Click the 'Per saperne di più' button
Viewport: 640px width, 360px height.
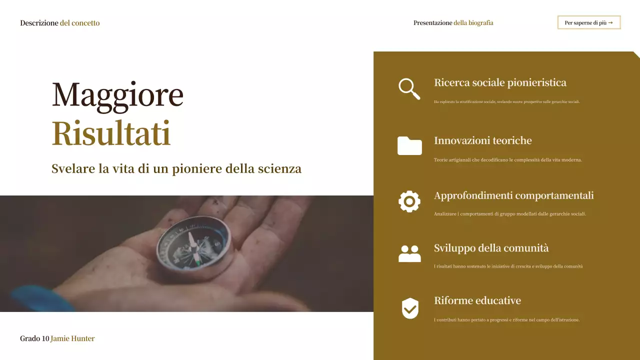pyautogui.click(x=588, y=22)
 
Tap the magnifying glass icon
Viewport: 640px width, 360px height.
pyautogui.click(x=409, y=89)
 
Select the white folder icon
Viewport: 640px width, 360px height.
pyautogui.click(x=409, y=145)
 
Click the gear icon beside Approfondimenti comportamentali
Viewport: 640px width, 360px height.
pyautogui.click(x=409, y=201)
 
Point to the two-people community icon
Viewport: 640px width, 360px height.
pyautogui.click(x=409, y=253)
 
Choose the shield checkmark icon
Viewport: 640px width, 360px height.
pyautogui.click(x=410, y=308)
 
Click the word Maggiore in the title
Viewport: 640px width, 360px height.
pyautogui.click(x=117, y=94)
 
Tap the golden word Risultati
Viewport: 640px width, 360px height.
pyautogui.click(x=111, y=133)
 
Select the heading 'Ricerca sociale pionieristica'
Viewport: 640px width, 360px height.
pyautogui.click(x=500, y=82)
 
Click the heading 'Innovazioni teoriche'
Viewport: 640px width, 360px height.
pyautogui.click(x=482, y=140)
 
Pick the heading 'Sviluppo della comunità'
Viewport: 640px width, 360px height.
pyautogui.click(x=491, y=248)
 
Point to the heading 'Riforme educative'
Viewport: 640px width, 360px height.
pyautogui.click(x=477, y=300)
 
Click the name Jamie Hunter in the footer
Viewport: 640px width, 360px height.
pyautogui.click(x=72, y=338)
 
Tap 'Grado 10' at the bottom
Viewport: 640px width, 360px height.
pyautogui.click(x=34, y=338)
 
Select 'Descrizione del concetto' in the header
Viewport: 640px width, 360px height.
pyautogui.click(x=59, y=23)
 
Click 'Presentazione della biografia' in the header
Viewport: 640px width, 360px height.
pyautogui.click(x=453, y=23)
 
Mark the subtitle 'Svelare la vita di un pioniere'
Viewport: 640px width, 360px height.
pyautogui.click(x=176, y=168)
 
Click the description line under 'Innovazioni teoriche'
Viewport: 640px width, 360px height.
pyautogui.click(x=507, y=160)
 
